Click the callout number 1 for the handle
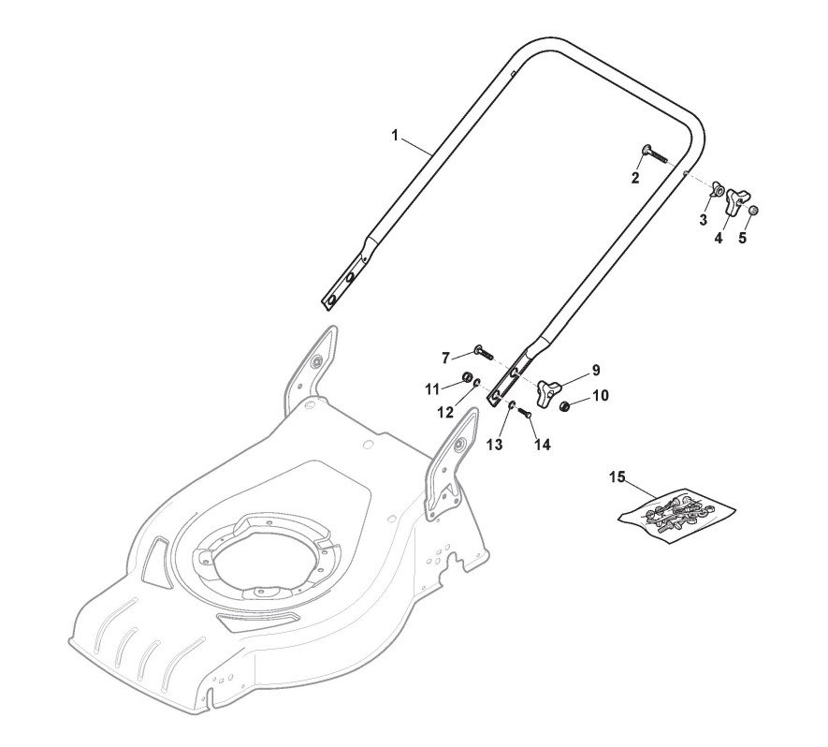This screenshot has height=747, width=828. [x=395, y=136]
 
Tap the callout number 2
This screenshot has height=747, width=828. [x=635, y=178]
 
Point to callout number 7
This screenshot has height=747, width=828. [x=445, y=357]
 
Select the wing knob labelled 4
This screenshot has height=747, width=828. [x=737, y=199]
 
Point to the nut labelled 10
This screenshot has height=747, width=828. [x=567, y=405]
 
